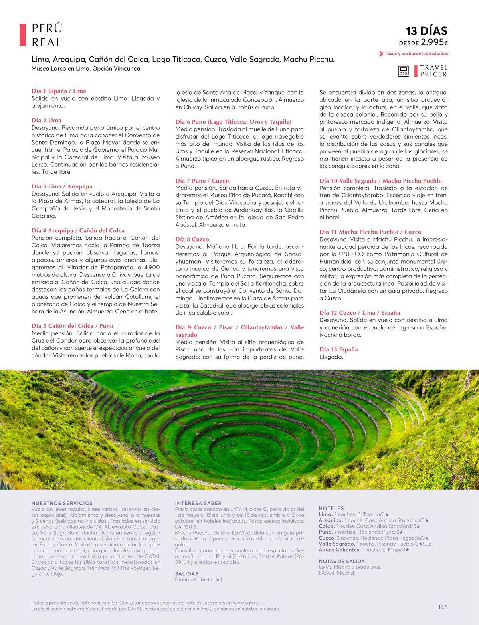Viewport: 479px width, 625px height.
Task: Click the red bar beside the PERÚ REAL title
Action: pos(22,35)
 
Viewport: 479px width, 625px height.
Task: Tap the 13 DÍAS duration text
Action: pos(427,31)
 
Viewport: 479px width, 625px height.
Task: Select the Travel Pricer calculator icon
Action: pos(404,71)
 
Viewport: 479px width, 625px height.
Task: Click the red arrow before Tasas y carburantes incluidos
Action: pos(381,54)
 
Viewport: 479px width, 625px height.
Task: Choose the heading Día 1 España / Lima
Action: pos(59,91)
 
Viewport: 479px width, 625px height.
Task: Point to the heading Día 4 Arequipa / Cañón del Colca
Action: pos(78,230)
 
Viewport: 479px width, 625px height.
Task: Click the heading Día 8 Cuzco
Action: pos(192,239)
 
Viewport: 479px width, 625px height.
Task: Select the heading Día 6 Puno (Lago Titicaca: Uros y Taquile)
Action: pos(233,122)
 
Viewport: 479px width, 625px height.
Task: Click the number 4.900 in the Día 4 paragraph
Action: pos(151,267)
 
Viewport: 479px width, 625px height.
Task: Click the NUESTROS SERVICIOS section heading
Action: pos(62,503)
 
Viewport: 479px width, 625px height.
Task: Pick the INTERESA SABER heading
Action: pos(198,503)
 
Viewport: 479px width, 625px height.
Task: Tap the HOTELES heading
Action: pos(331,508)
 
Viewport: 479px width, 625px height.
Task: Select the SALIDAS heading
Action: pos(186,573)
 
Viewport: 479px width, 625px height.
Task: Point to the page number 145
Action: pos(443,607)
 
